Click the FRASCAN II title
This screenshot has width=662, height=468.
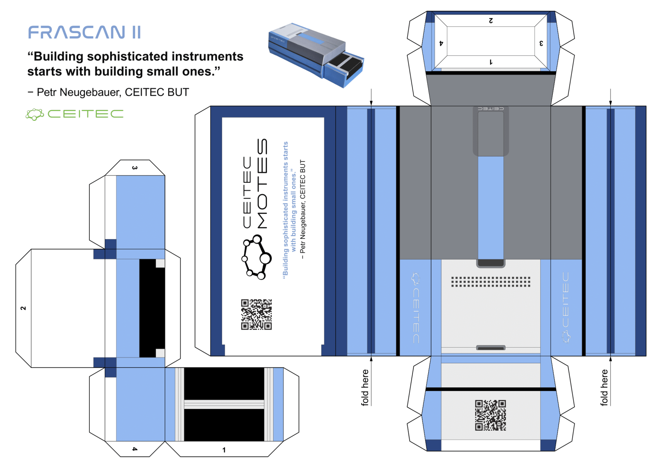click(x=84, y=32)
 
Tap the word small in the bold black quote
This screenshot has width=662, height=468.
click(x=161, y=72)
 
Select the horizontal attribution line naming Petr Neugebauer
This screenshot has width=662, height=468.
click(x=109, y=92)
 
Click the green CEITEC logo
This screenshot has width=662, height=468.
click(x=75, y=114)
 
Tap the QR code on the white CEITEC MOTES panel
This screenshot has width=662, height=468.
click(x=257, y=314)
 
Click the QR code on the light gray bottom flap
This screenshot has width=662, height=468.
click(x=490, y=415)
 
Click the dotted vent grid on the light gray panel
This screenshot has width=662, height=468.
click(x=490, y=282)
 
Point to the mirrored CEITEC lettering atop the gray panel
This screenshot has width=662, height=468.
click(x=491, y=108)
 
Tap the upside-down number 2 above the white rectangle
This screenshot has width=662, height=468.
click(x=491, y=20)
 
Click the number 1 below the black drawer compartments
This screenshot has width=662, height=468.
click(x=224, y=450)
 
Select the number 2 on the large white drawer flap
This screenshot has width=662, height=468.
click(x=23, y=308)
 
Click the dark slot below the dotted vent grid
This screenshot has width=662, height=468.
click(x=491, y=348)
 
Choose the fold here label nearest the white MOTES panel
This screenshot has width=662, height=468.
click(x=365, y=387)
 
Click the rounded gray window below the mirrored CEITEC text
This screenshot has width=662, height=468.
click(x=491, y=133)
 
